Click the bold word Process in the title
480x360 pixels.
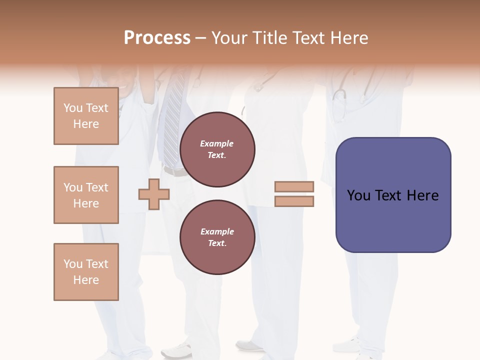pyautogui.click(x=157, y=38)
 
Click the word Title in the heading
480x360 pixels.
pyautogui.click(x=271, y=38)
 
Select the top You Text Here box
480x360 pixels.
pyautogui.click(x=86, y=116)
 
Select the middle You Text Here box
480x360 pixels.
pyautogui.click(x=86, y=195)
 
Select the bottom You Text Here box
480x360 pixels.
pyautogui.click(x=86, y=272)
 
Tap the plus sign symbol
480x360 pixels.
pyautogui.click(x=154, y=194)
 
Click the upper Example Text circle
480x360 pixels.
pyautogui.click(x=217, y=149)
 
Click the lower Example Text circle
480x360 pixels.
pyautogui.click(x=217, y=237)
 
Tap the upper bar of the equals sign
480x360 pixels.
pyautogui.click(x=294, y=186)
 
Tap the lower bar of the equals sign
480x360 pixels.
pyautogui.click(x=294, y=201)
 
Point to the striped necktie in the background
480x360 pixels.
pyautogui.click(x=173, y=120)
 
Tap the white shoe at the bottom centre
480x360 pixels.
pyautogui.click(x=249, y=345)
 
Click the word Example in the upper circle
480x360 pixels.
pyautogui.click(x=217, y=143)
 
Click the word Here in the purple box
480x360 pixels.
pyautogui.click(x=422, y=195)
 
